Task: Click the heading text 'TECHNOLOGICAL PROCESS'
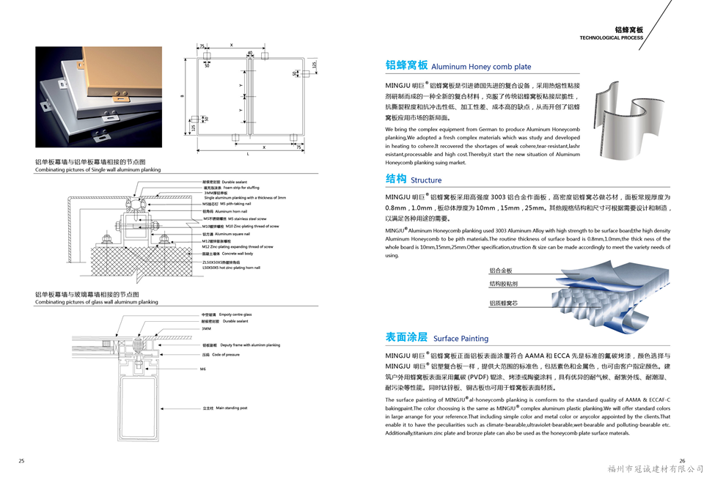click(x=611, y=37)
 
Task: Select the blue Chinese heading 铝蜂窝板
click(x=406, y=65)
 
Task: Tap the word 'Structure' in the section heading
click(x=426, y=180)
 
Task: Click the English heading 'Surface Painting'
click(x=461, y=339)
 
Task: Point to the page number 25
click(x=21, y=460)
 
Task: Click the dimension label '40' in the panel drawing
click(x=250, y=53)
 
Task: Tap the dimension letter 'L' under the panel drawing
click(x=248, y=154)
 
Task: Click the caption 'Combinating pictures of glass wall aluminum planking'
click(x=96, y=301)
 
